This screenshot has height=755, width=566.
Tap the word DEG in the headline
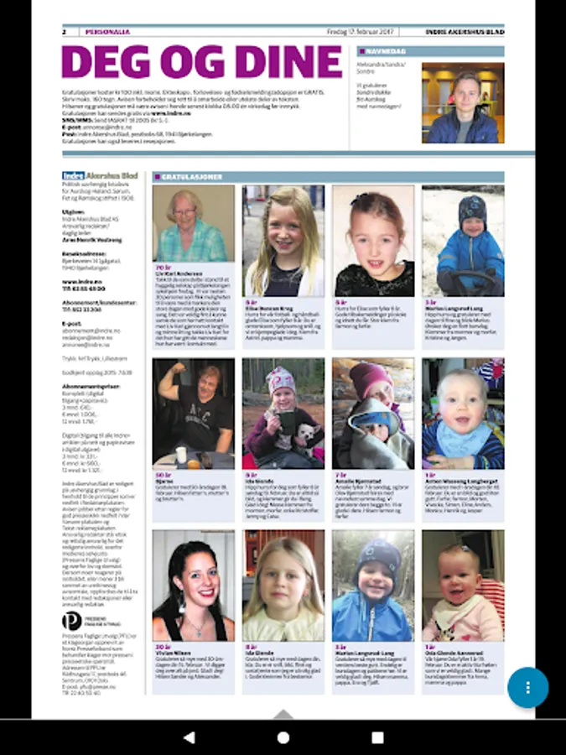pyautogui.click(x=99, y=61)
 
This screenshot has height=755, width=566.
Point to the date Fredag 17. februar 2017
pyautogui.click(x=360, y=32)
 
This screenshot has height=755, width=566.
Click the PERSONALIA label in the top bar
pyautogui.click(x=107, y=32)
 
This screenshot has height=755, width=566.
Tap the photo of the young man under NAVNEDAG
pyautogui.click(x=462, y=102)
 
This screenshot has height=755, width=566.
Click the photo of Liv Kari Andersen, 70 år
pyautogui.click(x=194, y=224)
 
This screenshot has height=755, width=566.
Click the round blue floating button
pyautogui.click(x=527, y=687)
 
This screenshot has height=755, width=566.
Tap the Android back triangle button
pyautogui.click(x=189, y=737)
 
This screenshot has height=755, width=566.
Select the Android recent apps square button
pyautogui.click(x=377, y=737)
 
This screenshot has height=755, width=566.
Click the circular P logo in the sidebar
pyautogui.click(x=72, y=621)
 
